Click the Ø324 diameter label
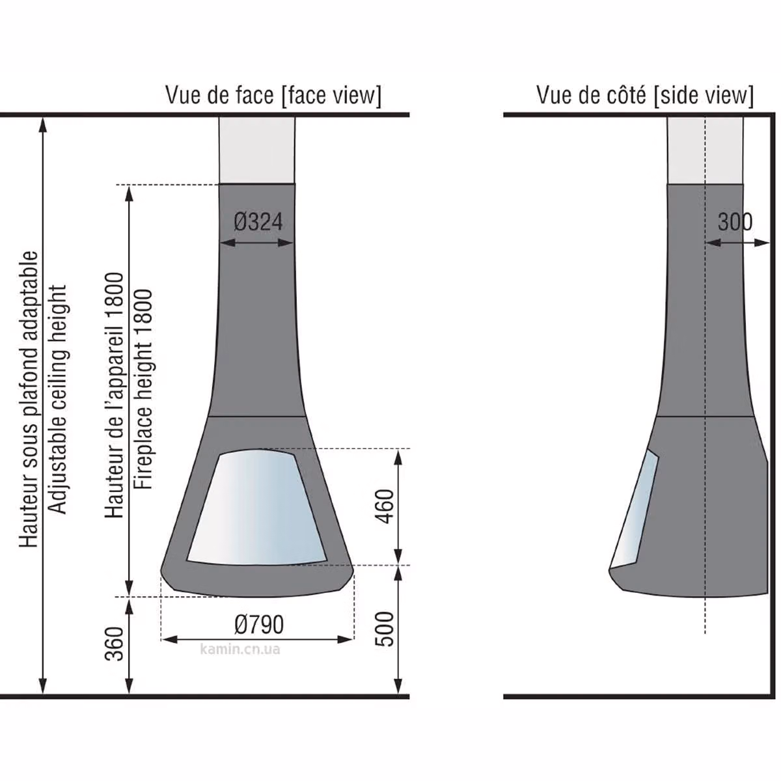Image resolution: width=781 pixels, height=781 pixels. click(258, 222)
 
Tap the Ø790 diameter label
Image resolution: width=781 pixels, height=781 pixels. click(259, 625)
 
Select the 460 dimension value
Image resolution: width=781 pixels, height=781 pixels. click(385, 506)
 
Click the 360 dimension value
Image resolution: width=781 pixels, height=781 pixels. click(114, 644)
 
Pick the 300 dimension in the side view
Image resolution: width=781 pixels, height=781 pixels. click(735, 222)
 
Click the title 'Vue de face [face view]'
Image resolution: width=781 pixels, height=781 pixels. click(273, 96)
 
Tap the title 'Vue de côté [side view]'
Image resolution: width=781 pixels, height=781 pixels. click(645, 96)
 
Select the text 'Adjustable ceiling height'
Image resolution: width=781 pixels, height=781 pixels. click(57, 399)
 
